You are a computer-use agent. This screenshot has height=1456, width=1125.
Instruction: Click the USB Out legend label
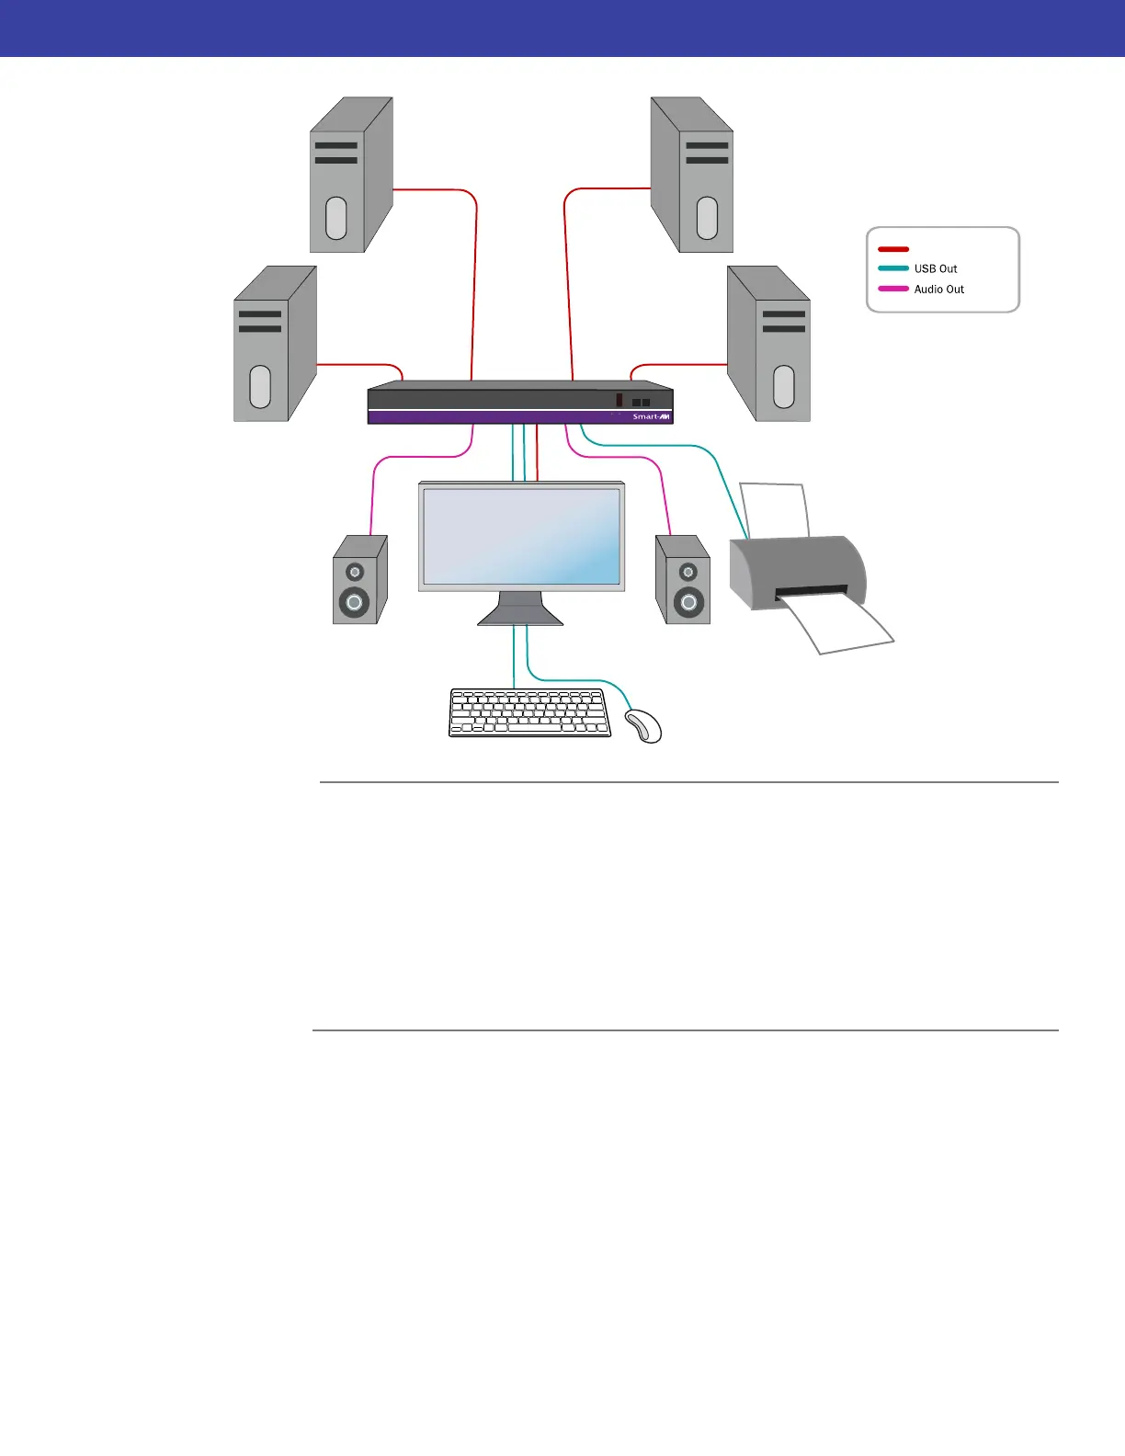[x=935, y=268]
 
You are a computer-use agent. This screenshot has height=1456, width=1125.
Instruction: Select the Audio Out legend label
[x=938, y=289]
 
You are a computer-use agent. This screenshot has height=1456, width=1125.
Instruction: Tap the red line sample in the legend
[x=893, y=249]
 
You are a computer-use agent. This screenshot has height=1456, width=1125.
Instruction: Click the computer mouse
[x=644, y=725]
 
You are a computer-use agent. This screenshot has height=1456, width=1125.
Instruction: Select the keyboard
[x=529, y=713]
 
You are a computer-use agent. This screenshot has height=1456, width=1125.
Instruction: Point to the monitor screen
[x=521, y=536]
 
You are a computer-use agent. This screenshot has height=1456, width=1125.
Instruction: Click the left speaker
[x=358, y=580]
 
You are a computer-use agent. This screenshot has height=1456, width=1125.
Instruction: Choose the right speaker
[x=683, y=580]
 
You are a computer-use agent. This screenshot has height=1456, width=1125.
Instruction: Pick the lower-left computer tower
[x=274, y=345]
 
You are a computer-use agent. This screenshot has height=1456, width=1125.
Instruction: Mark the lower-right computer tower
[x=769, y=345]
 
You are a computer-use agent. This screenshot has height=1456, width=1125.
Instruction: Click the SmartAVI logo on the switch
[x=652, y=416]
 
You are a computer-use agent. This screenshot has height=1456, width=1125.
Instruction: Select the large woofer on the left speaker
[x=354, y=602]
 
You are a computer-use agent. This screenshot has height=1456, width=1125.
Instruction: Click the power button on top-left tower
[x=336, y=219]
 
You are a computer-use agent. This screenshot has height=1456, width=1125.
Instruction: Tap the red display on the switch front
[x=619, y=400]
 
